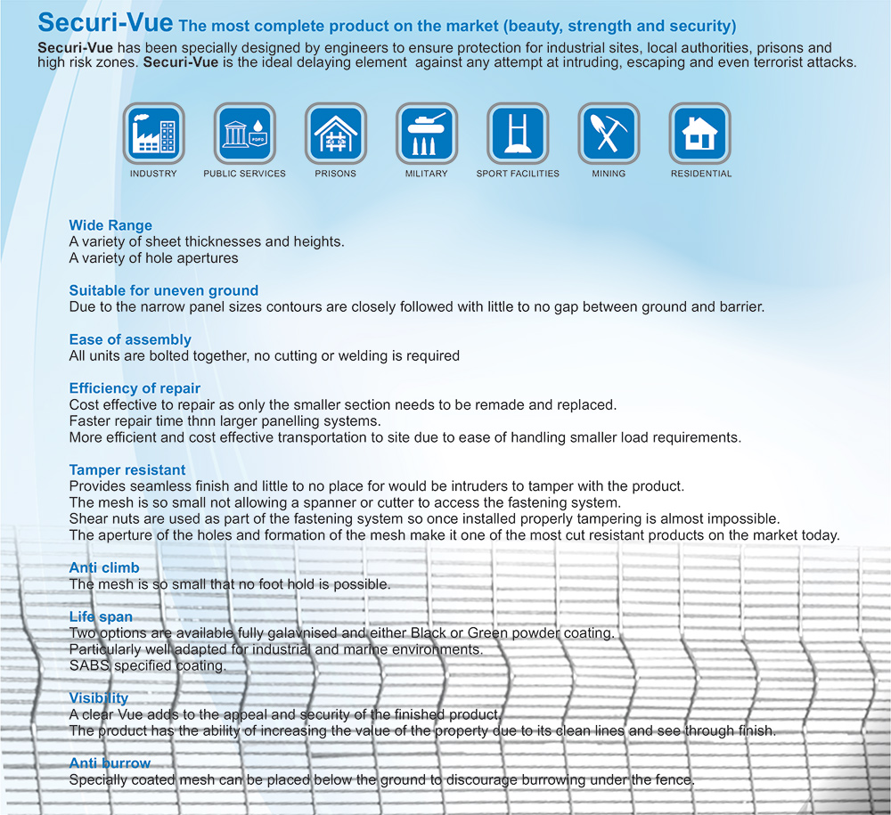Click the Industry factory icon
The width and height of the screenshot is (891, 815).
153,134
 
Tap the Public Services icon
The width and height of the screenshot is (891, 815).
244,134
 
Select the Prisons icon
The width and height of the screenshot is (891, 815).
335,134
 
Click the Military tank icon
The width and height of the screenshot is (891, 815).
426,134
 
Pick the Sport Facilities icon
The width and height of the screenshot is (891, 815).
518,134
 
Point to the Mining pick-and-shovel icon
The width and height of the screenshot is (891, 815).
609,134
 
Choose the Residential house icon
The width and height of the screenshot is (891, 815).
700,134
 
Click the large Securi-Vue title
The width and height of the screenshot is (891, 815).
106,23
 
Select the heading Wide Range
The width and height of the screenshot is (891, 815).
110,225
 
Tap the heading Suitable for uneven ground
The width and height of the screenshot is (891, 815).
163,290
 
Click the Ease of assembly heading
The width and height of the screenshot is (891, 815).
130,339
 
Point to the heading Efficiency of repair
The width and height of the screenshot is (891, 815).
135,388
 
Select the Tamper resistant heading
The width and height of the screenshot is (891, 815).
127,469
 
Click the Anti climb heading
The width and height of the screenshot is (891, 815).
104,567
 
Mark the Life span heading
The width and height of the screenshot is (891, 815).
101,616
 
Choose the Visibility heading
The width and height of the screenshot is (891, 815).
99,698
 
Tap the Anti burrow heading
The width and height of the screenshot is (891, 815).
110,763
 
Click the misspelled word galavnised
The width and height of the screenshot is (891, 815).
266,633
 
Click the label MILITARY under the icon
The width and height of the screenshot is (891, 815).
426,174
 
